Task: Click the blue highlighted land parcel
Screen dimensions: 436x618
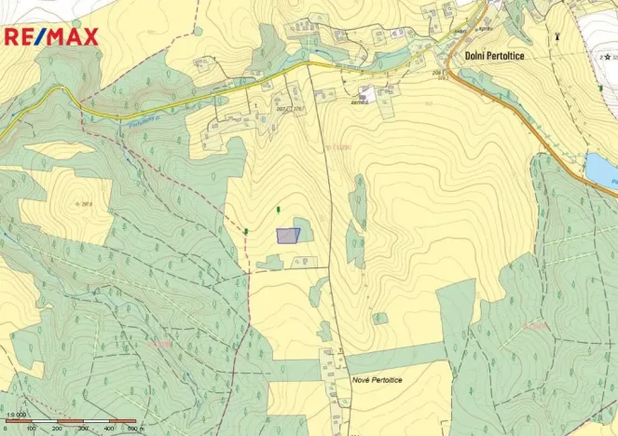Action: tap(288, 236)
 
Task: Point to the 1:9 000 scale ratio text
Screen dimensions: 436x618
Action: tap(16, 415)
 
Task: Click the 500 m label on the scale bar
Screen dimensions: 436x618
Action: tap(134, 429)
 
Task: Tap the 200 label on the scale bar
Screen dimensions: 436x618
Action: tap(58, 429)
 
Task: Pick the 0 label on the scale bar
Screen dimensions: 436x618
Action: tap(7, 429)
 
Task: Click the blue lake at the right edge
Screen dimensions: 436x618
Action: tap(601, 170)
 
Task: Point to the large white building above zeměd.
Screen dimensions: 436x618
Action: tap(368, 92)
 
